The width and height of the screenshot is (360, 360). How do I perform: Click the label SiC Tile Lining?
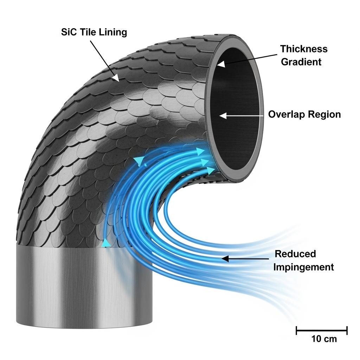(94, 32)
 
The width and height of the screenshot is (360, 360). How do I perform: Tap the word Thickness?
(304, 49)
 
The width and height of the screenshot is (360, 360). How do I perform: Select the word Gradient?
(301, 62)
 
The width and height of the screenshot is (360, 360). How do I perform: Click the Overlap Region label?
(304, 115)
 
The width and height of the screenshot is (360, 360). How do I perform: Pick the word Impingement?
(303, 267)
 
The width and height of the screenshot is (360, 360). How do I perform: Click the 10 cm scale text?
(324, 339)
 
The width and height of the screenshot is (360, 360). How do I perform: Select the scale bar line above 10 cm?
(321, 330)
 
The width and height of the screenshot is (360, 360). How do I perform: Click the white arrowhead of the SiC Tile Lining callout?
(115, 77)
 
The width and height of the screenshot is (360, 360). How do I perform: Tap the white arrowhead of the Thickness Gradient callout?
(221, 64)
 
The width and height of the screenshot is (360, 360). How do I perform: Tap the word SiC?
(68, 32)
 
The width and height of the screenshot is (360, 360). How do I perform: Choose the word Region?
(323, 115)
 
